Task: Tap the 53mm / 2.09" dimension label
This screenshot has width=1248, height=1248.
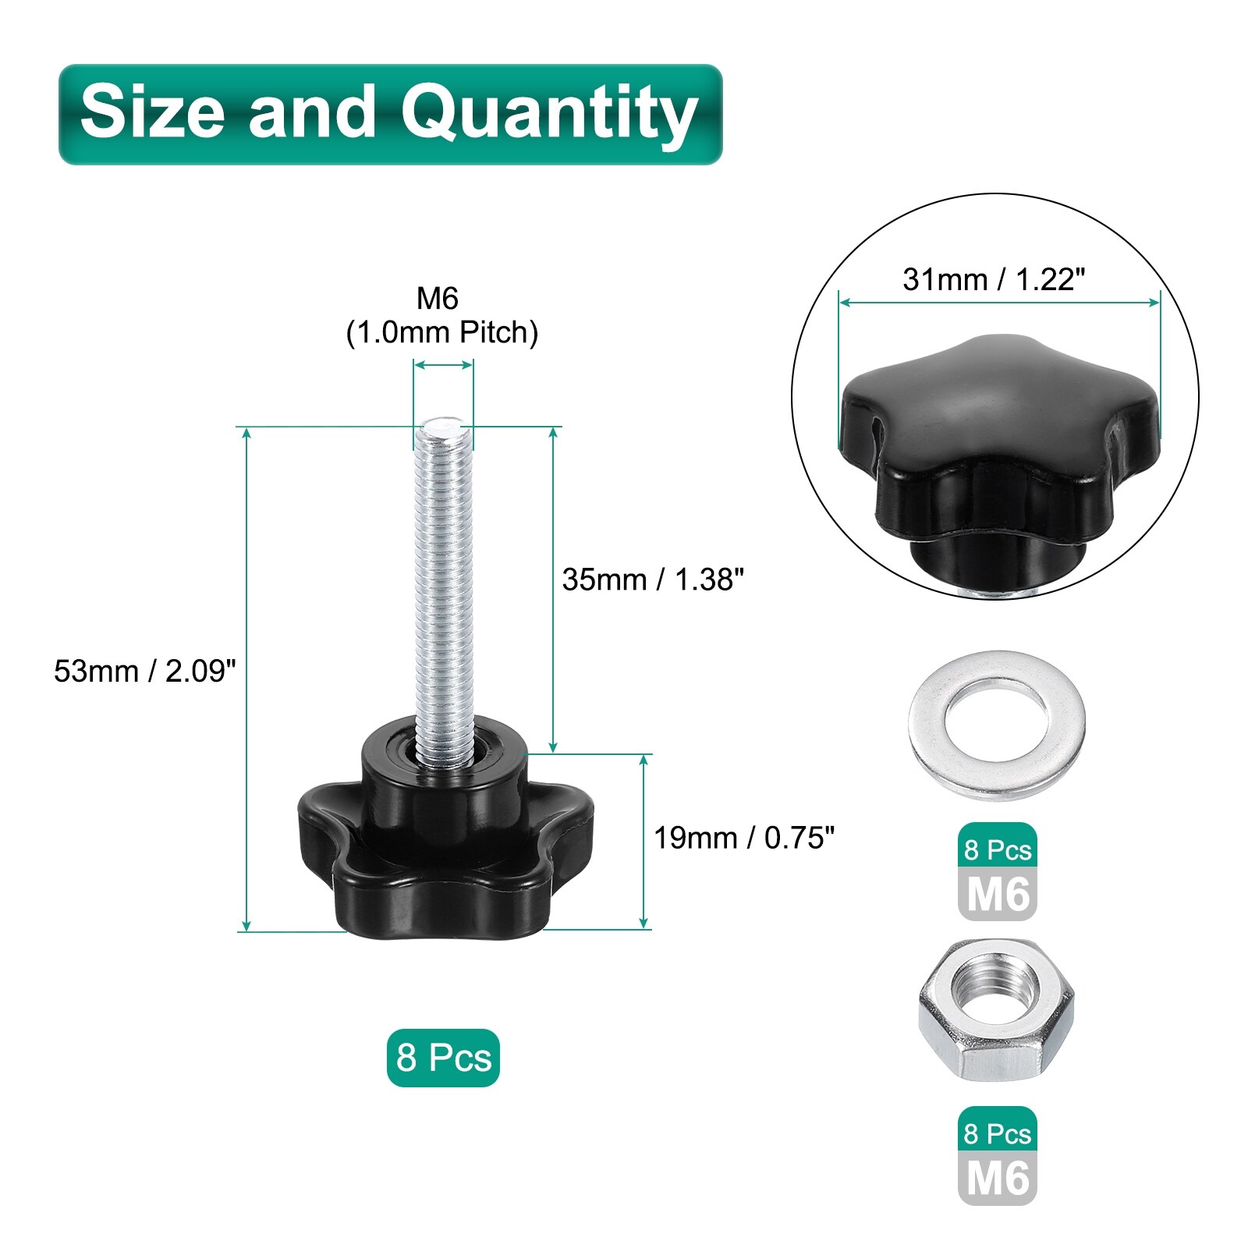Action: coord(145,671)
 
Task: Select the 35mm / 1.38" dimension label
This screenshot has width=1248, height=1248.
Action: coord(653,580)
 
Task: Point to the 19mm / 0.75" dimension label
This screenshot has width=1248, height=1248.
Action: coord(744,838)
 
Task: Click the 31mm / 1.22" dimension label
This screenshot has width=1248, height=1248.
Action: coord(994,279)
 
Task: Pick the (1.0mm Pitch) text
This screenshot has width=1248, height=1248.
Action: coord(442,333)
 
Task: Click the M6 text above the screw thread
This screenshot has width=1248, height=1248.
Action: coord(438,298)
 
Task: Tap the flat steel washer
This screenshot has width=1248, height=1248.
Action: coord(997,725)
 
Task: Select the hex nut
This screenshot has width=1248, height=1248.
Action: coord(997,1010)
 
